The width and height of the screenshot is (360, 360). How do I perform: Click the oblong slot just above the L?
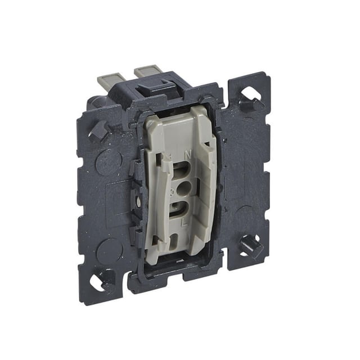[x=179, y=206]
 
